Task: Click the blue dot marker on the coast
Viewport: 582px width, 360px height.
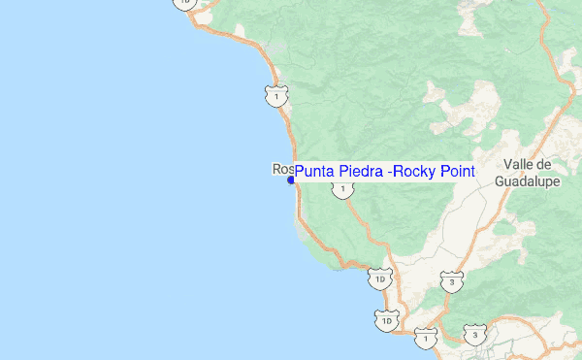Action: pos(291,180)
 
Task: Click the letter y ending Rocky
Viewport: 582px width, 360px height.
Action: pos(433,174)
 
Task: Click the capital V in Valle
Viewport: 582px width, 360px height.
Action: pos(507,165)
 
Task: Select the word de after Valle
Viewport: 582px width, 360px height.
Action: pos(542,165)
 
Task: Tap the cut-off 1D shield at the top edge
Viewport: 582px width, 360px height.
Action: pos(184,3)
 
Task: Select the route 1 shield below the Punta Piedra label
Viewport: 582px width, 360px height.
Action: pos(342,189)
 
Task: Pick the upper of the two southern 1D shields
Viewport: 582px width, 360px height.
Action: pos(379,280)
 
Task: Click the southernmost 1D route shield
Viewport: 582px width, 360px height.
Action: pos(387,319)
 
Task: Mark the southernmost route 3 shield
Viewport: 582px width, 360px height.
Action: pos(474,335)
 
